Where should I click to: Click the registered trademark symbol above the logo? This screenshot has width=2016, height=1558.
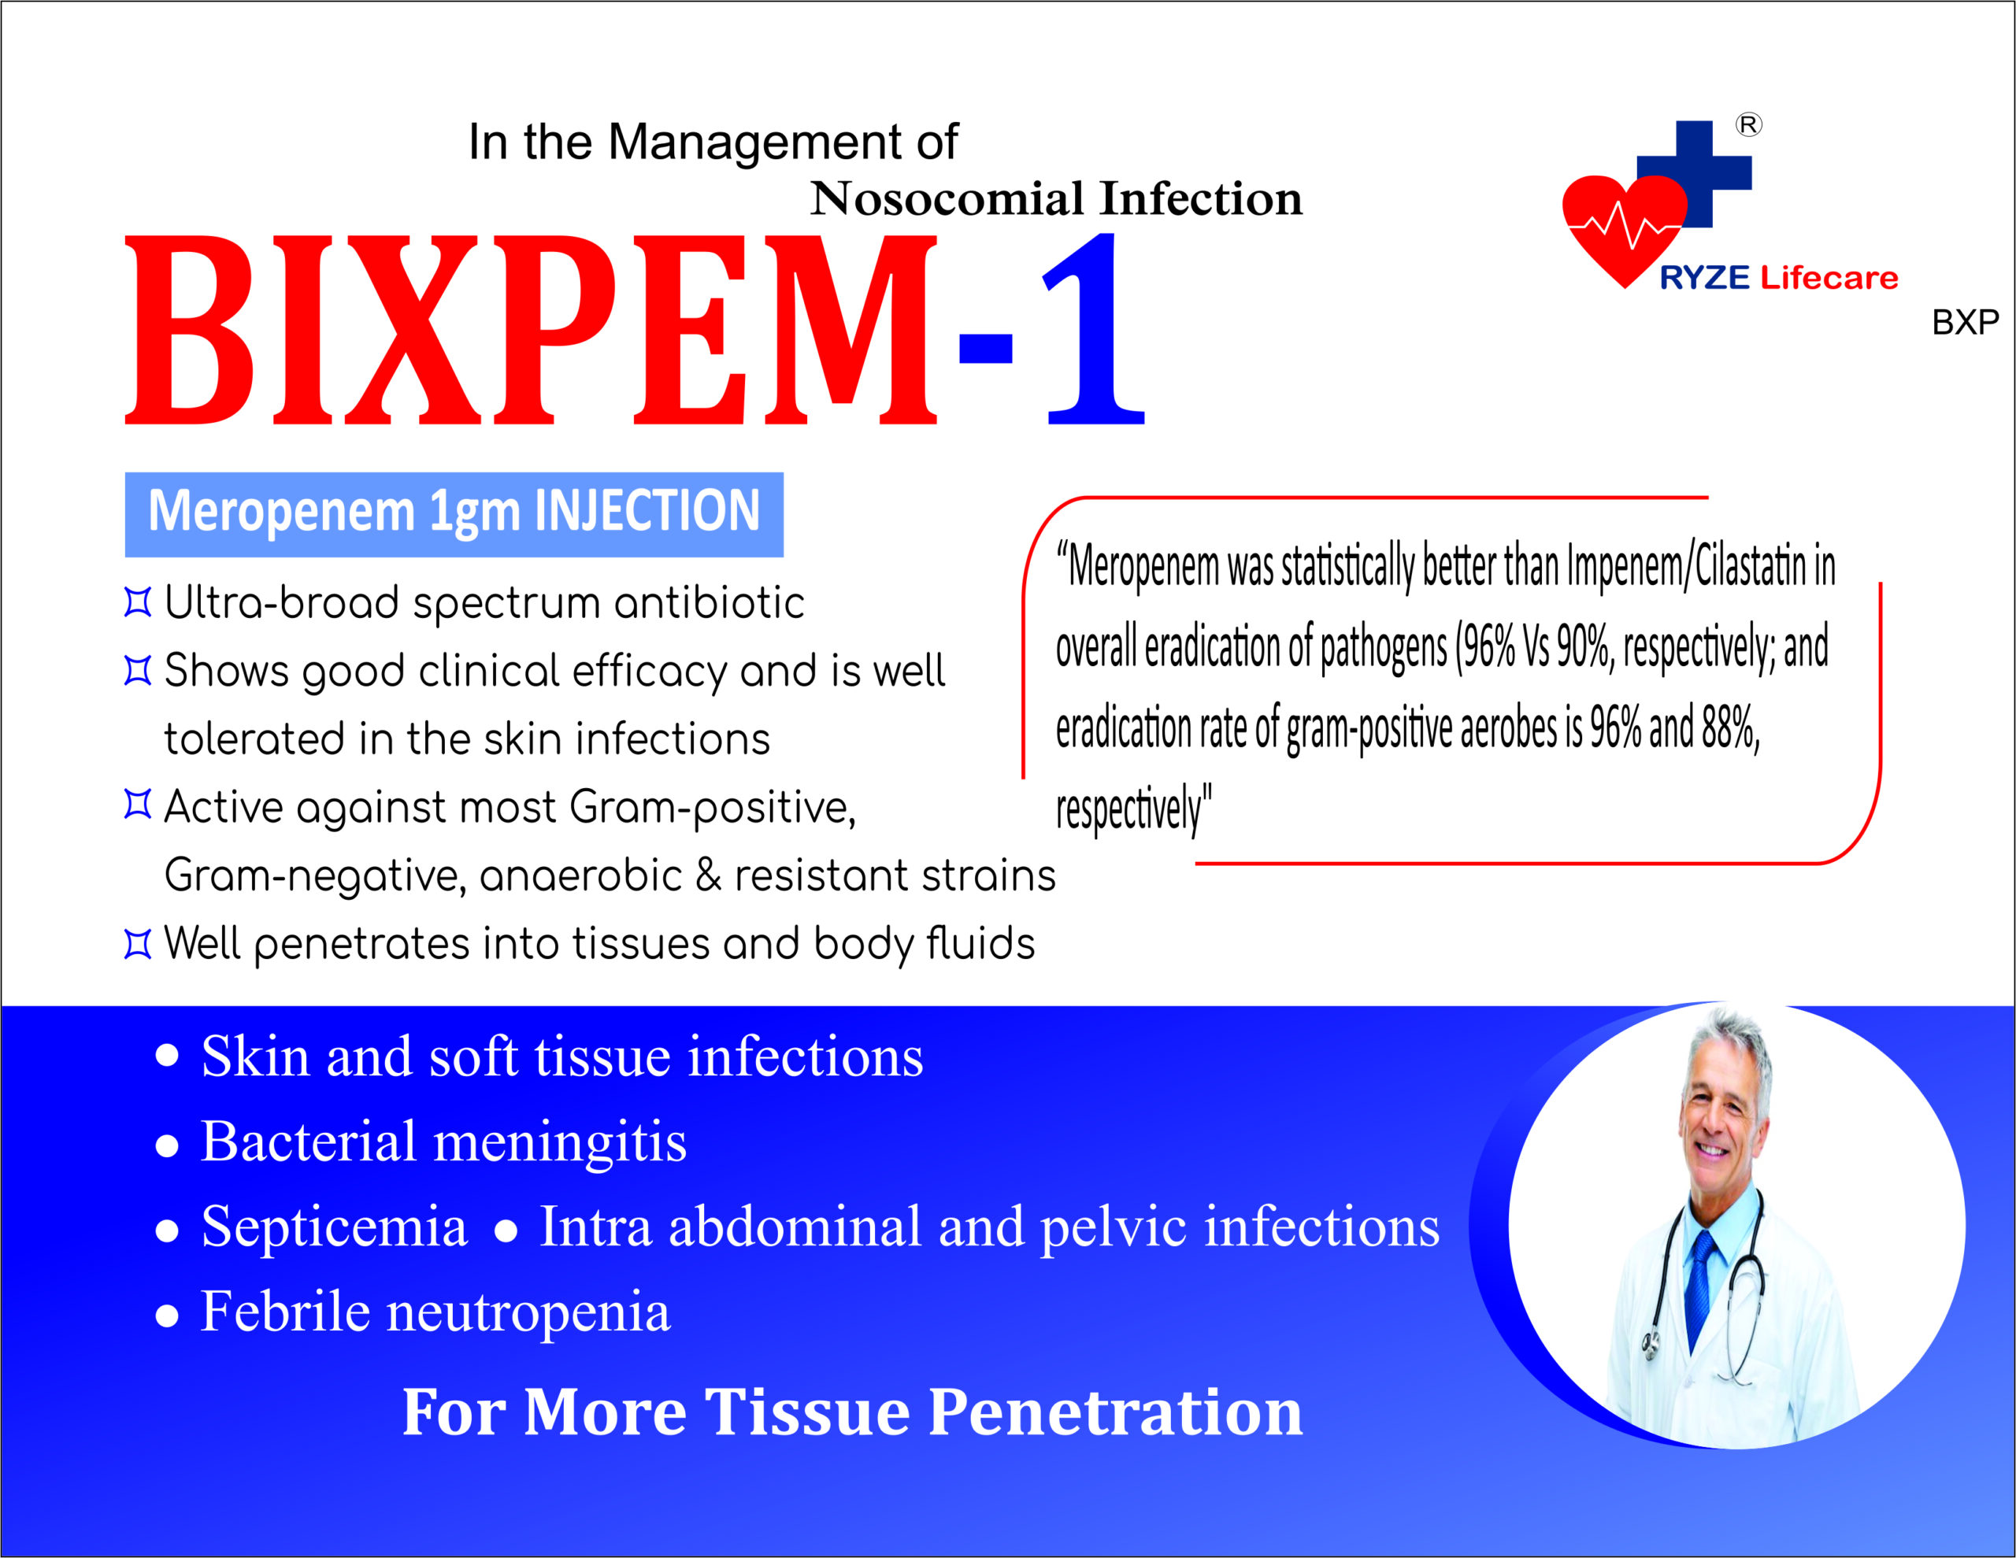click(x=1748, y=124)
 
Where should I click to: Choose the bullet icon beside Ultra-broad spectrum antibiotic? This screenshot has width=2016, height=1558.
click(x=138, y=603)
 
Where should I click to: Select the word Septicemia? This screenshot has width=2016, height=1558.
click(x=334, y=1227)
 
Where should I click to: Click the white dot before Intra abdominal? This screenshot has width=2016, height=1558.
click(x=505, y=1231)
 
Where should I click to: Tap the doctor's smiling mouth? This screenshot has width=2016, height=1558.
click(x=1712, y=1151)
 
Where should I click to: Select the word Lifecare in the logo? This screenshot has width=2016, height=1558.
click(x=1829, y=278)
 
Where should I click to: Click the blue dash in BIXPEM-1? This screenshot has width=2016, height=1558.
click(x=986, y=348)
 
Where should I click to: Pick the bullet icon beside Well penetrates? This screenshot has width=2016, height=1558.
click(x=138, y=944)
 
